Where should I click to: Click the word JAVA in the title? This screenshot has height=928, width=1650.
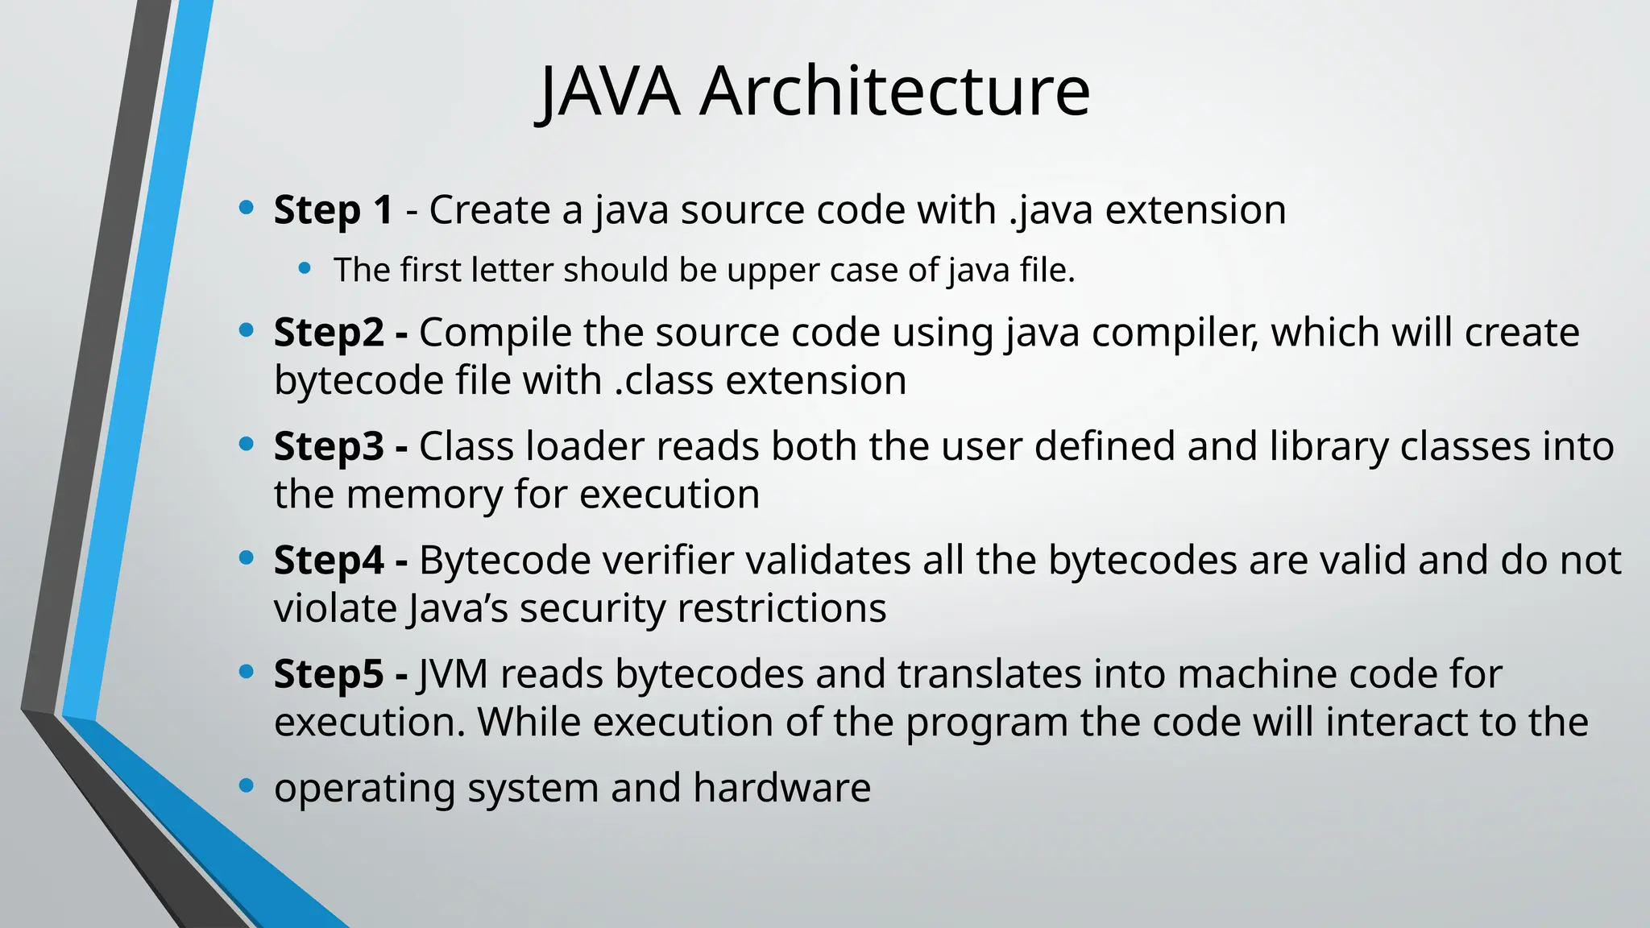[609, 92]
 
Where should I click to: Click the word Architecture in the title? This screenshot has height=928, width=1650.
[894, 92]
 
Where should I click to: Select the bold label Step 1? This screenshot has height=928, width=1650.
[334, 210]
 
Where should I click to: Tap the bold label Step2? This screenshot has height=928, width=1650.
[329, 333]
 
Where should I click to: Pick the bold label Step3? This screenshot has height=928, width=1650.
[329, 447]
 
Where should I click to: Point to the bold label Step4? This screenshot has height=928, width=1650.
[329, 561]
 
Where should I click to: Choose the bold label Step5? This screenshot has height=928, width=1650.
[329, 674]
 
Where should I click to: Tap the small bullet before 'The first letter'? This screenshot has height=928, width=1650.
[305, 269]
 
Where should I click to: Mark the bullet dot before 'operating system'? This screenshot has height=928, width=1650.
[247, 786]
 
